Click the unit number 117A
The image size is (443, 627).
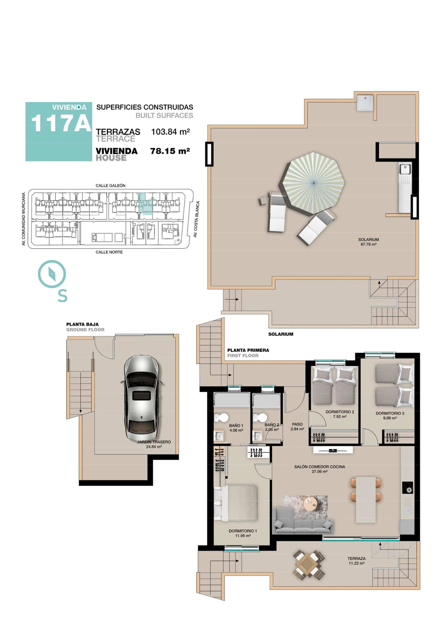(x=61, y=123)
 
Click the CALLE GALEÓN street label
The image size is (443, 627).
(x=110, y=185)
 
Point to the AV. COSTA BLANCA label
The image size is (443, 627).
(x=196, y=219)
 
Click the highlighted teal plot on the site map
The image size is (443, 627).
(x=145, y=204)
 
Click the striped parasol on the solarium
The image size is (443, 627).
(x=313, y=183)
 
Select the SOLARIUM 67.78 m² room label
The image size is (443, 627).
(x=369, y=242)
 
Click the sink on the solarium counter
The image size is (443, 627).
(x=405, y=169)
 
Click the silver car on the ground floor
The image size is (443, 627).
(x=141, y=398)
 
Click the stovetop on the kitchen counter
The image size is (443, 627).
(x=408, y=487)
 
